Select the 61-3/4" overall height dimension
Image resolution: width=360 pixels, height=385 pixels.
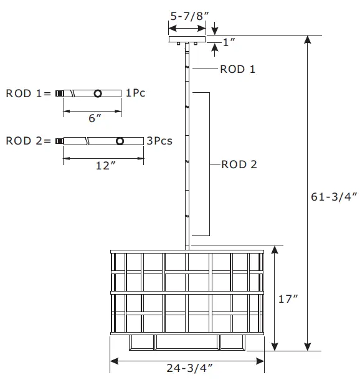333,197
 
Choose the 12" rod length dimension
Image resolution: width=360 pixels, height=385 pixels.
105,165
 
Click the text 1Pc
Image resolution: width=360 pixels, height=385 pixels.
136,93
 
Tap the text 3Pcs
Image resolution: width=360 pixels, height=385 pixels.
159,141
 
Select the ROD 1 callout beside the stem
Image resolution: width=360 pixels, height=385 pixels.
237,69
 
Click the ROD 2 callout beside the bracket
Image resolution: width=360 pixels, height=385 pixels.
239,165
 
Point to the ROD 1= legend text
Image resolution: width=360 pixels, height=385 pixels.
27,93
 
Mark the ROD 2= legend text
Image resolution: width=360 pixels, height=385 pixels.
27,141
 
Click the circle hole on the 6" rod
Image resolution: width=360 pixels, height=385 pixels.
98,93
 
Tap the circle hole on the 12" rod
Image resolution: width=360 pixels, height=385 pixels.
120,141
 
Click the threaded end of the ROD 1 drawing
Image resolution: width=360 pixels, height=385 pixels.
59,93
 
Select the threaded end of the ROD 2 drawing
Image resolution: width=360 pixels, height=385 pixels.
59,141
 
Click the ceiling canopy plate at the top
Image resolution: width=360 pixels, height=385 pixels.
187,40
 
